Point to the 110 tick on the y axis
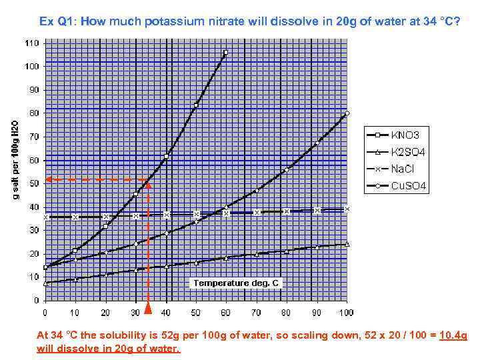pyautogui.click(x=32, y=43)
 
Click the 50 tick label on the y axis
pyautogui.click(x=34, y=183)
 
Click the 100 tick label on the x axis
pyautogui.click(x=347, y=311)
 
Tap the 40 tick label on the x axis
pyautogui.click(x=166, y=311)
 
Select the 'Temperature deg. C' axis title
pyautogui.click(x=237, y=283)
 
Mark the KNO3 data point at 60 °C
pyautogui.click(x=226, y=52)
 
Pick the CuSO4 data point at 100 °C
pyautogui.click(x=347, y=113)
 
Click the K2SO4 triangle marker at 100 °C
pyautogui.click(x=347, y=244)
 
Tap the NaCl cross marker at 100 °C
pyautogui.click(x=347, y=209)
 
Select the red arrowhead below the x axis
pyautogui.click(x=148, y=308)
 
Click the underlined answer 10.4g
pyautogui.click(x=453, y=337)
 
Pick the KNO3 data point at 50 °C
pyautogui.click(x=196, y=105)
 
